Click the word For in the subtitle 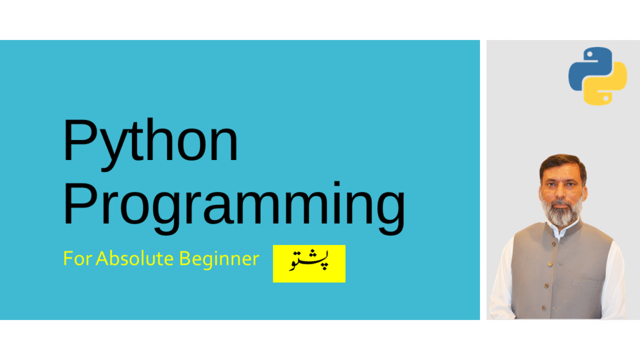tap(77, 259)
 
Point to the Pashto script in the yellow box tap(309, 261)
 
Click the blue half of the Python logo tap(587, 67)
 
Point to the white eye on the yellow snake tap(606, 98)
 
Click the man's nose tap(562, 191)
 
